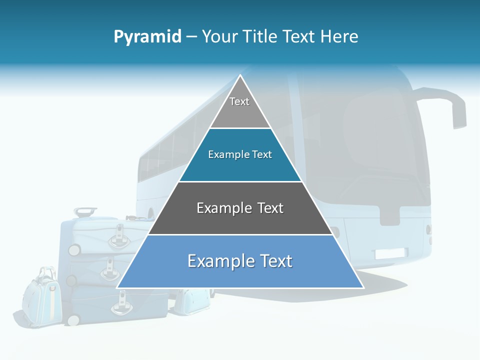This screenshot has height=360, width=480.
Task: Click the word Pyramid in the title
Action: [x=147, y=37]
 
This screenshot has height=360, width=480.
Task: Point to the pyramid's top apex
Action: [x=240, y=76]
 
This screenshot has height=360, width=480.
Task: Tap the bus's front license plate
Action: [x=391, y=253]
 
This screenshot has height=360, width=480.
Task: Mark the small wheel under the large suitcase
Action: [x=73, y=319]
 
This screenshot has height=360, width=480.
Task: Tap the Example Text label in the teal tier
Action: [x=240, y=155]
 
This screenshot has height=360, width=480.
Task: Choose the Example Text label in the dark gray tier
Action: [x=240, y=208]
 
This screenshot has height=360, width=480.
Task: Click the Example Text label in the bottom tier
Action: [x=240, y=261]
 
